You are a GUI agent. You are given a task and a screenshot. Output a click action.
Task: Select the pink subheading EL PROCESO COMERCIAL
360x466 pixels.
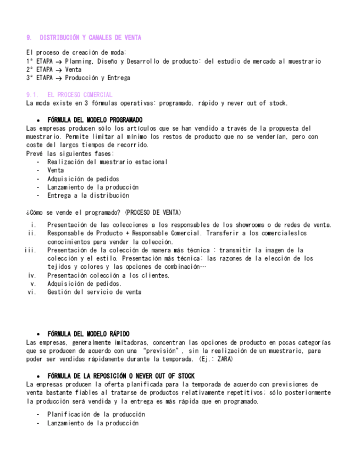click(x=80, y=95)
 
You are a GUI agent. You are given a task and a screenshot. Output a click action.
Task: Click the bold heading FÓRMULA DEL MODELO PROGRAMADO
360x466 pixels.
click(x=95, y=120)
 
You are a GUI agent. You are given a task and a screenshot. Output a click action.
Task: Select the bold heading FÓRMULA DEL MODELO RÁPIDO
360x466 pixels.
click(x=88, y=334)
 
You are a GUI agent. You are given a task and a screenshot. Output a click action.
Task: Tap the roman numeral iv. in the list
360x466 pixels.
click(x=32, y=275)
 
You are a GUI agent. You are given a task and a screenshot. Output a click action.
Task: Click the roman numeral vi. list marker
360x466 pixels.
click(x=31, y=292)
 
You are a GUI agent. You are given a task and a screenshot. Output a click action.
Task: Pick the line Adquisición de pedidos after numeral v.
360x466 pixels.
click(x=84, y=284)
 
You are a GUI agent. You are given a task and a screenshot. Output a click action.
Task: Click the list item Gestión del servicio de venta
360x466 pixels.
click(x=94, y=292)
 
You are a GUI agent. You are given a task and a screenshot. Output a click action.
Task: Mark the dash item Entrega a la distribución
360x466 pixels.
click(x=88, y=195)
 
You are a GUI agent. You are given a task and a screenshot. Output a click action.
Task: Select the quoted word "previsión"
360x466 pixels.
click(x=163, y=351)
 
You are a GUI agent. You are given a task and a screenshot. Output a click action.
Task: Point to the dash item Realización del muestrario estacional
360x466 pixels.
click(x=107, y=162)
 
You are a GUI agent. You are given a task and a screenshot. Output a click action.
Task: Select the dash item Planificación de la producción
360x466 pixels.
click(x=96, y=414)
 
